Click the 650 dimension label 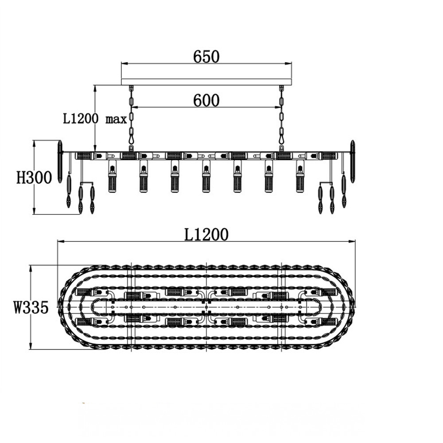click(x=206, y=57)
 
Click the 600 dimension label click(x=206, y=100)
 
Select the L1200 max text click(x=95, y=119)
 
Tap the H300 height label click(x=34, y=178)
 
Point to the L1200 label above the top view click(x=206, y=234)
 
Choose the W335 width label click(x=31, y=307)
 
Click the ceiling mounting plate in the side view click(x=206, y=82)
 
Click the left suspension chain click(x=131, y=119)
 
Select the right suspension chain click(x=281, y=119)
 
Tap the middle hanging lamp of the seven click(x=206, y=176)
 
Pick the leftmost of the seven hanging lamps click(x=113, y=176)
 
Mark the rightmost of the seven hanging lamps click(x=300, y=176)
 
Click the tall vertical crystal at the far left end click(x=60, y=162)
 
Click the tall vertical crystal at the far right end click(x=353, y=162)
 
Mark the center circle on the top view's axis click(x=206, y=307)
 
